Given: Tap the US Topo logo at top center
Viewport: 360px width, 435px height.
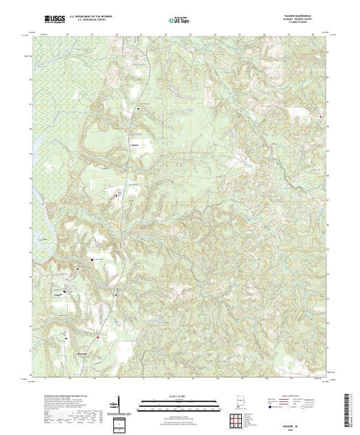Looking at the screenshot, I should click(x=179, y=22).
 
